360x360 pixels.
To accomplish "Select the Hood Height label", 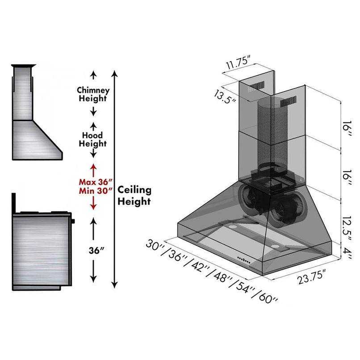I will point(92,139).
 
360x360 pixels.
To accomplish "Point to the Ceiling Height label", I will point(134,196).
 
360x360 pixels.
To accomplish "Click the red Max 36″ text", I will point(95,182).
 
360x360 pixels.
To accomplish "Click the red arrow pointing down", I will point(93,204).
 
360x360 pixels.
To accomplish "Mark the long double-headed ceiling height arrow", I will point(115,179).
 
